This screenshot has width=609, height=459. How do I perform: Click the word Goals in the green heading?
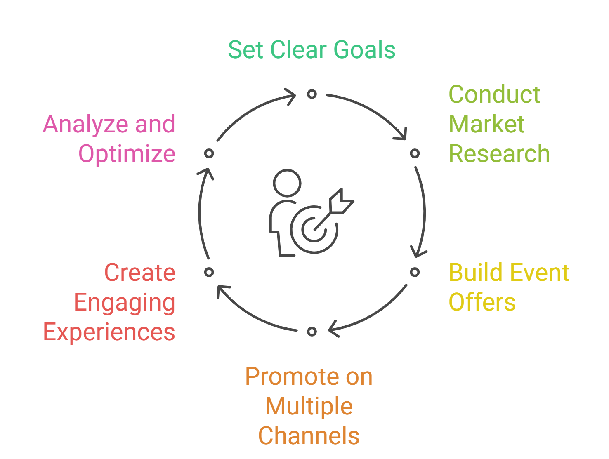364,50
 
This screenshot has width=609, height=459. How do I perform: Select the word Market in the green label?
486,124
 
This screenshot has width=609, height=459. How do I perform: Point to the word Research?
499,154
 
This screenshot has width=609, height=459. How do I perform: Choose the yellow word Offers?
482,302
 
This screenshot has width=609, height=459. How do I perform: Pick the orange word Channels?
309,436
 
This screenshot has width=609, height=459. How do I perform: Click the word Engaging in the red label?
125,303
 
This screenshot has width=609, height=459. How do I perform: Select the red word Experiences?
109,332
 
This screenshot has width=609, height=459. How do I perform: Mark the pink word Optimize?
127,154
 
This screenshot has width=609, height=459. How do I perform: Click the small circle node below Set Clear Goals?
312,94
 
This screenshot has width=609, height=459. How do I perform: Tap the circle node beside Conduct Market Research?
415,153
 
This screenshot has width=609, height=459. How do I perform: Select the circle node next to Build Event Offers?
415,272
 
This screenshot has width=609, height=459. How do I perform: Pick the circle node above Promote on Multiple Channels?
312,332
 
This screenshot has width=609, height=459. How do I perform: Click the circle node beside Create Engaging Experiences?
209,272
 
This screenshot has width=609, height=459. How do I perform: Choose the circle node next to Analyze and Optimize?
209,153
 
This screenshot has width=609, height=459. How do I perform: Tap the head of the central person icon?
287,183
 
